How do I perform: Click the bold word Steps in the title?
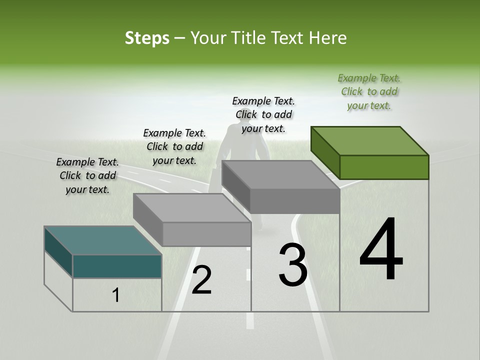coord(147,38)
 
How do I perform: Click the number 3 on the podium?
coord(292,265)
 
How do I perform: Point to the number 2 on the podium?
coord(201,280)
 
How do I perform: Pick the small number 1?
coord(116,295)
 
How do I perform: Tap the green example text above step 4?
coord(369,91)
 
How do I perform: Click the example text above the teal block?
coord(87,175)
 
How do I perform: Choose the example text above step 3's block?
coord(263,114)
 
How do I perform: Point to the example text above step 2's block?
coord(174,146)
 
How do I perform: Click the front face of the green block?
coord(384,167)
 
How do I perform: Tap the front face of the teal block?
coord(117,266)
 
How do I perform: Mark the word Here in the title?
coord(328,38)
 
